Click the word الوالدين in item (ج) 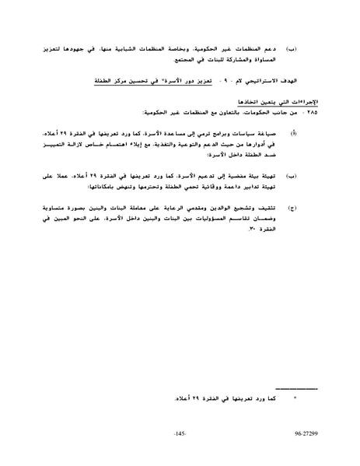(x=213, y=208)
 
